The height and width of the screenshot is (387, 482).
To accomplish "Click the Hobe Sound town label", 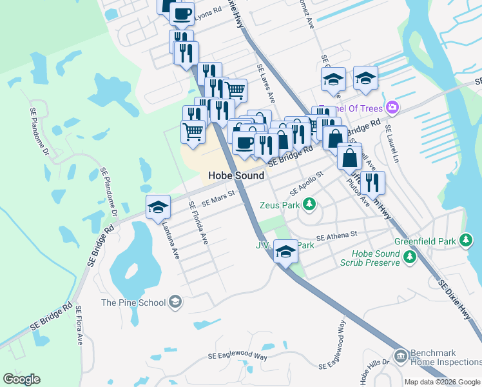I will (236, 175).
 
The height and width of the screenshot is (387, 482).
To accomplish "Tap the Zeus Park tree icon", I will (310, 204).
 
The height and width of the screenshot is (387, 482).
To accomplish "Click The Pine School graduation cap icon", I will (175, 302).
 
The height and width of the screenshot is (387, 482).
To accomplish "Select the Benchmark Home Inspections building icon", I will (400, 355).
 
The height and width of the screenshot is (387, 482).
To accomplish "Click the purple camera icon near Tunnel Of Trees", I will (392, 106).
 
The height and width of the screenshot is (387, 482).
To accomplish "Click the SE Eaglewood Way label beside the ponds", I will (238, 356).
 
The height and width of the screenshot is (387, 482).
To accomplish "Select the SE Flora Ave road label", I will (79, 326).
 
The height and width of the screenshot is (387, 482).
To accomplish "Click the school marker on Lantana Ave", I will (158, 208).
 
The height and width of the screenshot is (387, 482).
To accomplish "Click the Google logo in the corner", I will (21, 379).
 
